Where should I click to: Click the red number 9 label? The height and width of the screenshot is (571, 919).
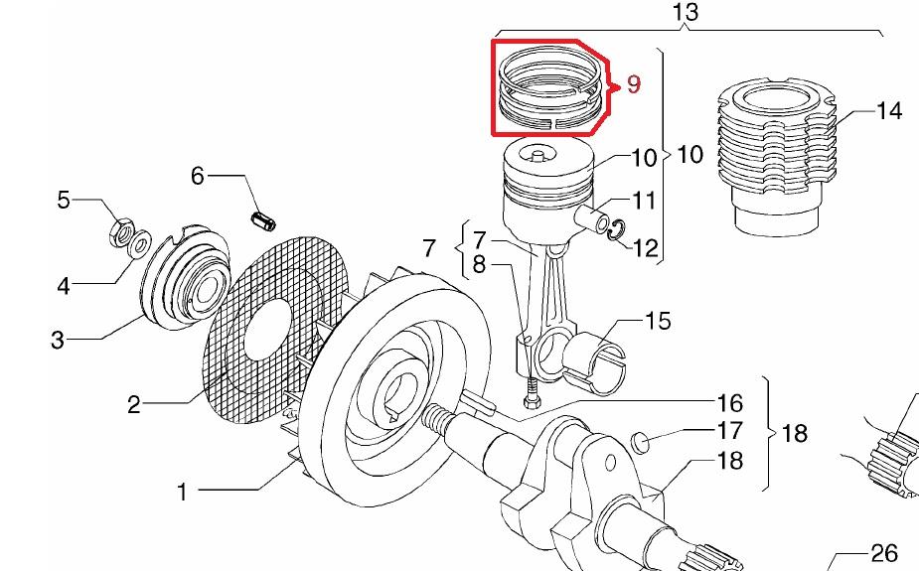point(634,84)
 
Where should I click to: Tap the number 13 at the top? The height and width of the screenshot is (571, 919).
point(686,12)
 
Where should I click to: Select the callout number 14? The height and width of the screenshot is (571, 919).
point(888,110)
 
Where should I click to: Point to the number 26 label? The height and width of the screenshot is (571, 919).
point(884,553)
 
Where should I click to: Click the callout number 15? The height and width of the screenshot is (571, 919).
point(658,321)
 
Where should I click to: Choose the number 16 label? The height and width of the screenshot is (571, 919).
point(729,403)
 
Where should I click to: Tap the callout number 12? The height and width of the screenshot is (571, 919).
point(645,248)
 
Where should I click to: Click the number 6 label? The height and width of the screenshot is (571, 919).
point(198,176)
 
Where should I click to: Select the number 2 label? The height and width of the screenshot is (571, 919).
point(134,405)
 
